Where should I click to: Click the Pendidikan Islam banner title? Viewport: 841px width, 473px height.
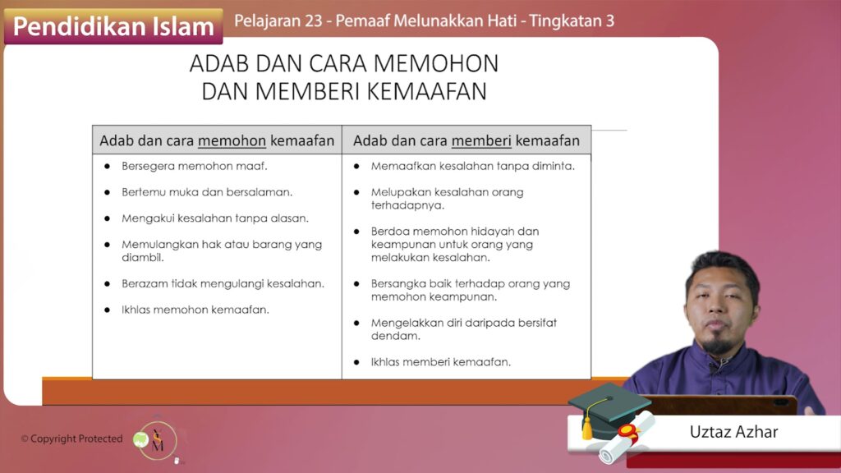pyautogui.click(x=113, y=26)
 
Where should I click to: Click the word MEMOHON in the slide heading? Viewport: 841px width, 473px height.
pyautogui.click(x=436, y=63)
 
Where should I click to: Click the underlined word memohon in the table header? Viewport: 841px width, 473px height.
pyautogui.click(x=232, y=140)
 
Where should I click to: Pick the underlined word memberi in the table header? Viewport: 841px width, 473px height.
pyautogui.click(x=481, y=140)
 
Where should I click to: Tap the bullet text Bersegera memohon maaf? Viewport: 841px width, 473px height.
pyautogui.click(x=194, y=166)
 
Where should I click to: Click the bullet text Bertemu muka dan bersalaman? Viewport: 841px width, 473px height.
pyautogui.click(x=207, y=192)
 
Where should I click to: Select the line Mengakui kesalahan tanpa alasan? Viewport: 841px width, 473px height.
pyautogui.click(x=215, y=218)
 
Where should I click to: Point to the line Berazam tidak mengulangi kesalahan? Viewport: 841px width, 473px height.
pyautogui.click(x=223, y=283)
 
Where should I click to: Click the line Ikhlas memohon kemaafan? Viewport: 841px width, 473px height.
pyautogui.click(x=195, y=310)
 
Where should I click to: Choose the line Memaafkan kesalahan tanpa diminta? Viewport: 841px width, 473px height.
pyautogui.click(x=472, y=166)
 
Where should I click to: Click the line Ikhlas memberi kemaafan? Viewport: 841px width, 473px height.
pyautogui.click(x=441, y=362)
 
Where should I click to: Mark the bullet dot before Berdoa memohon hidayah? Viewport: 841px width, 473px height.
pyautogui.click(x=356, y=232)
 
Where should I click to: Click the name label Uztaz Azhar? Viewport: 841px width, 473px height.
pyautogui.click(x=733, y=432)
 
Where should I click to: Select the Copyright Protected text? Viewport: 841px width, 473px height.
pyautogui.click(x=72, y=439)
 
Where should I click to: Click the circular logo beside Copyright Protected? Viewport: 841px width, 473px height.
pyautogui.click(x=156, y=441)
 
